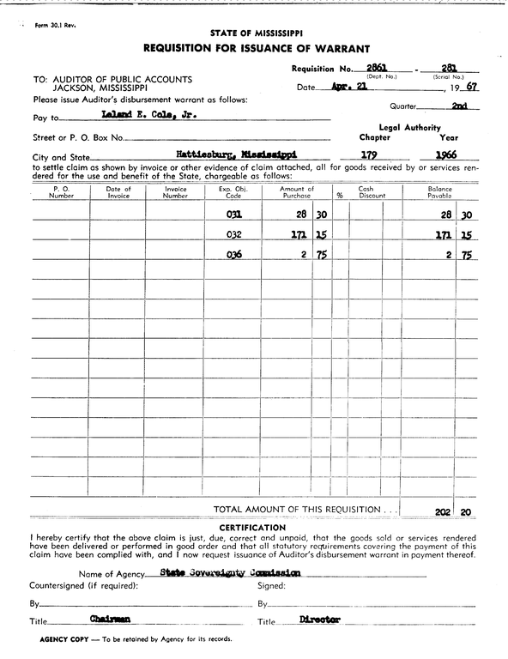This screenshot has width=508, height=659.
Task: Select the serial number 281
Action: (x=447, y=67)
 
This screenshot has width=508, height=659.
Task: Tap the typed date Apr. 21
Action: (x=350, y=88)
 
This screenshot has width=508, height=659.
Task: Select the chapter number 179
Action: (x=371, y=154)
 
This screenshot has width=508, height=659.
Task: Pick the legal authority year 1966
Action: (x=446, y=154)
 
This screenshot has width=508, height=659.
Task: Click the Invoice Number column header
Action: (x=175, y=192)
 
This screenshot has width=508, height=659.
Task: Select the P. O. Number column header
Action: (x=61, y=192)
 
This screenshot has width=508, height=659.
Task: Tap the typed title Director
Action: (x=320, y=619)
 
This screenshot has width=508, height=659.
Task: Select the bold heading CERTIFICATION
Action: (x=252, y=527)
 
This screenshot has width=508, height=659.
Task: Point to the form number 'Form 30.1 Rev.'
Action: (x=56, y=25)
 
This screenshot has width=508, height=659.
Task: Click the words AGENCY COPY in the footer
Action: (x=63, y=639)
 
